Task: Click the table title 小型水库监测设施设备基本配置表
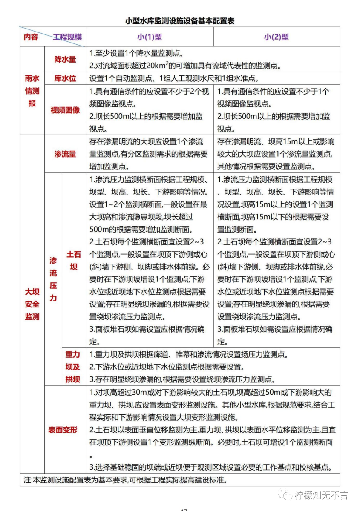(180, 20)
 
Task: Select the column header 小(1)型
(150, 37)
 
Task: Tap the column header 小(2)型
(276, 37)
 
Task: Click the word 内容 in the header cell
(31, 37)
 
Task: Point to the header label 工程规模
(67, 37)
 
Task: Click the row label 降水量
(65, 60)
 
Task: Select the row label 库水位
(65, 79)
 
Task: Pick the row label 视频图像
(65, 110)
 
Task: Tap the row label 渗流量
(65, 154)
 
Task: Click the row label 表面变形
(63, 430)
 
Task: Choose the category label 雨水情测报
(32, 91)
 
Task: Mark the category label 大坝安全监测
(32, 304)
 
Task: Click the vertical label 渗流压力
(53, 279)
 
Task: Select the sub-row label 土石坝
(73, 261)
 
